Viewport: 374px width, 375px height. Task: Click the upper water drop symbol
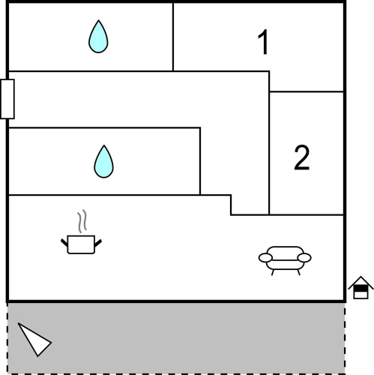pyautogui.click(x=98, y=37)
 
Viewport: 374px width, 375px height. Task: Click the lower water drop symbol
pyautogui.click(x=103, y=163)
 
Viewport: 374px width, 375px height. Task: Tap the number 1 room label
pyautogui.click(x=263, y=42)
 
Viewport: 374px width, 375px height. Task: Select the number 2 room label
pyautogui.click(x=302, y=157)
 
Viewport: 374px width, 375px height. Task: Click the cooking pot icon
pyautogui.click(x=81, y=244)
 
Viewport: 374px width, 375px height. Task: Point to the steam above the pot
pyautogui.click(x=82, y=221)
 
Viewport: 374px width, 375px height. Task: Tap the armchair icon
pyautogui.click(x=285, y=260)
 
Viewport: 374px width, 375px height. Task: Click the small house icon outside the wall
pyautogui.click(x=361, y=287)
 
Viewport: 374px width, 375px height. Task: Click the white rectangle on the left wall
pyautogui.click(x=7, y=99)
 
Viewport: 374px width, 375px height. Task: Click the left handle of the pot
pyautogui.click(x=64, y=243)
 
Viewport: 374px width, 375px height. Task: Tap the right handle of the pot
pyautogui.click(x=98, y=243)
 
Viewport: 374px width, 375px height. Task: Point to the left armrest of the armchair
pyautogui.click(x=265, y=258)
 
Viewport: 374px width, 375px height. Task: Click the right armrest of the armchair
pyautogui.click(x=304, y=258)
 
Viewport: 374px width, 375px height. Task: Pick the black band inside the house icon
pyautogui.click(x=361, y=289)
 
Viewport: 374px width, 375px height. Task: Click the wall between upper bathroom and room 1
pyautogui.click(x=173, y=37)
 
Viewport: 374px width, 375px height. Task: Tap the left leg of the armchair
pyautogui.click(x=273, y=272)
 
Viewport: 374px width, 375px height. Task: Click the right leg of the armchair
pyautogui.click(x=298, y=272)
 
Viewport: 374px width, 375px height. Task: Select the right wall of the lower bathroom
pyautogui.click(x=200, y=161)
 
